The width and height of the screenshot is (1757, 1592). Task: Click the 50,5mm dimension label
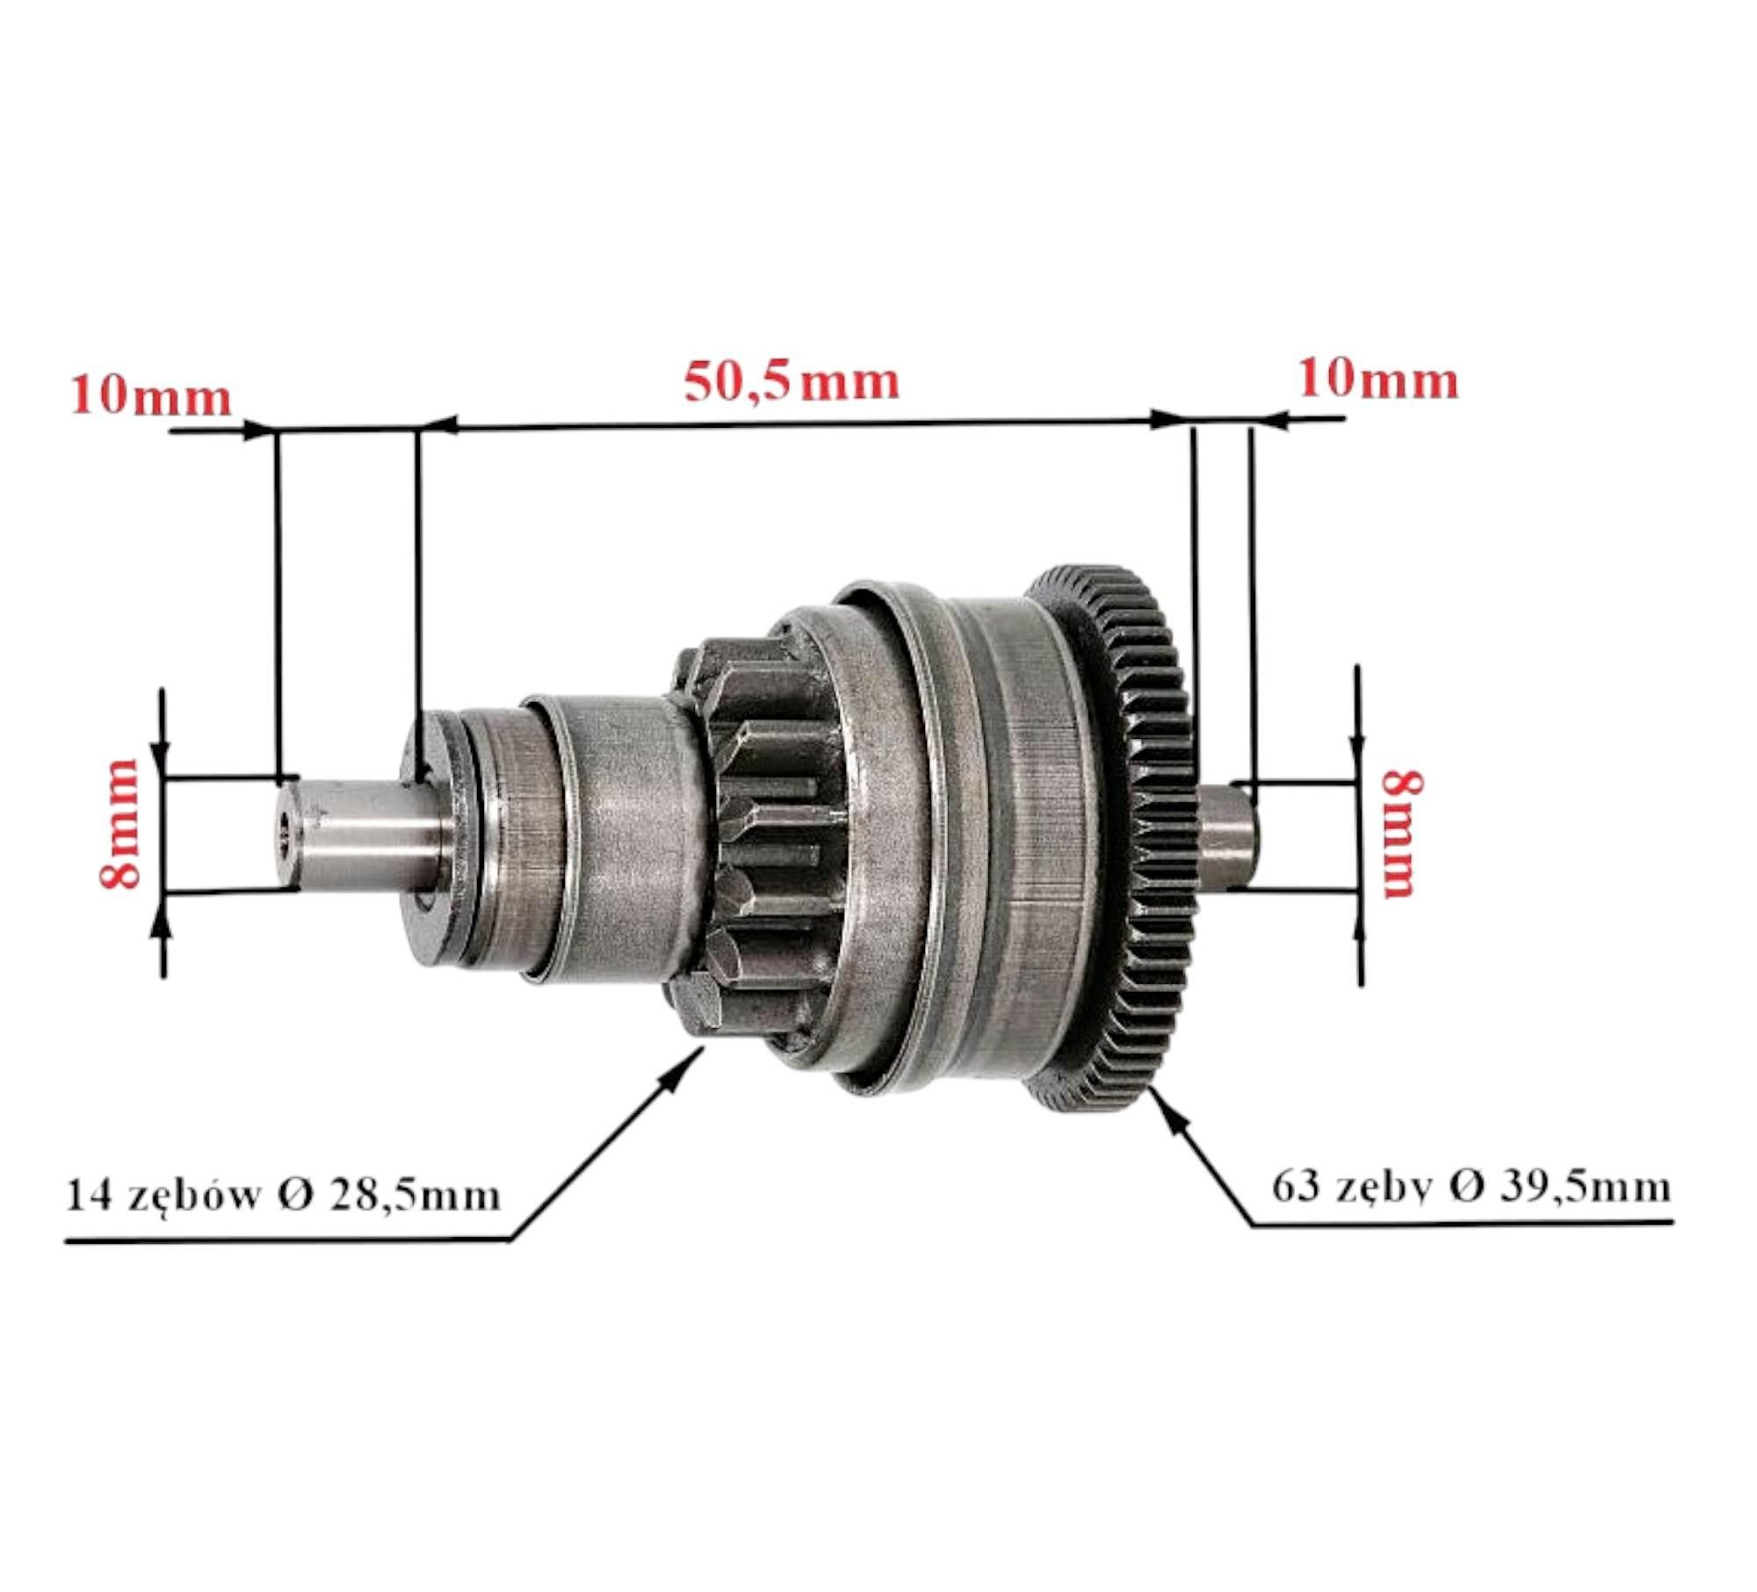tap(792, 383)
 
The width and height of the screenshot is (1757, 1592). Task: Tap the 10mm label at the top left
tap(151, 396)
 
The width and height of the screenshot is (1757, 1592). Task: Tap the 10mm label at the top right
tap(1378, 380)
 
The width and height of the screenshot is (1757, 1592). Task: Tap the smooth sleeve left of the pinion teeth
tap(615, 835)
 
